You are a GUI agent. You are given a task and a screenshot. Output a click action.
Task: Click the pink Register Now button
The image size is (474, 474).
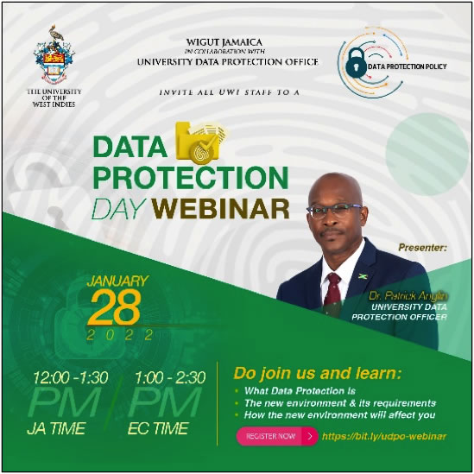(x=277, y=436)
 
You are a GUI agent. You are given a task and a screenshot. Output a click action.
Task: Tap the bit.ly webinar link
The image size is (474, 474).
(x=384, y=436)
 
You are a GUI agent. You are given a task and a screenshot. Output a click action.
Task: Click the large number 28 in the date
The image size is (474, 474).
(x=115, y=307)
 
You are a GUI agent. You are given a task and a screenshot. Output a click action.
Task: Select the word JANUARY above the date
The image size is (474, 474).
(x=117, y=281)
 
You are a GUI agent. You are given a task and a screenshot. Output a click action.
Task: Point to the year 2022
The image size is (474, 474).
(x=120, y=335)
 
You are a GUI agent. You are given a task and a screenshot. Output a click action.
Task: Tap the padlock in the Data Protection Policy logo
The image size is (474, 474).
(x=356, y=63)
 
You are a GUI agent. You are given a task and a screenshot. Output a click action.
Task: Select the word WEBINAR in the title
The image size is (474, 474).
(x=220, y=208)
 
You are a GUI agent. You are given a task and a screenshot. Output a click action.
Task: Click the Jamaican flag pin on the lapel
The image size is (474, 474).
(x=363, y=276)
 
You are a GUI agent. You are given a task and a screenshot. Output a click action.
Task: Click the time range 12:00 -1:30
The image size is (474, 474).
(x=71, y=377)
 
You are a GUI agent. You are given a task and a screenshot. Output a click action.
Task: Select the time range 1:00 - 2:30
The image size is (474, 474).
(x=170, y=377)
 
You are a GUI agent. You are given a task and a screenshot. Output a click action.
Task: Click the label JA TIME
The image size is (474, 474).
(x=56, y=428)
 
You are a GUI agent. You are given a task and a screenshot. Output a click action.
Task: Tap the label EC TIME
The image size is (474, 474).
(x=158, y=428)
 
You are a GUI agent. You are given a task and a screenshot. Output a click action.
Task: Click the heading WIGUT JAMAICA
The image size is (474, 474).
(x=224, y=42)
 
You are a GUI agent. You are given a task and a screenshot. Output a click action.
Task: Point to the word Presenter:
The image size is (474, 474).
(x=422, y=247)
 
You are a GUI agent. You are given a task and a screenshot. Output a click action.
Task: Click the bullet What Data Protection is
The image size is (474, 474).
(x=300, y=391)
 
